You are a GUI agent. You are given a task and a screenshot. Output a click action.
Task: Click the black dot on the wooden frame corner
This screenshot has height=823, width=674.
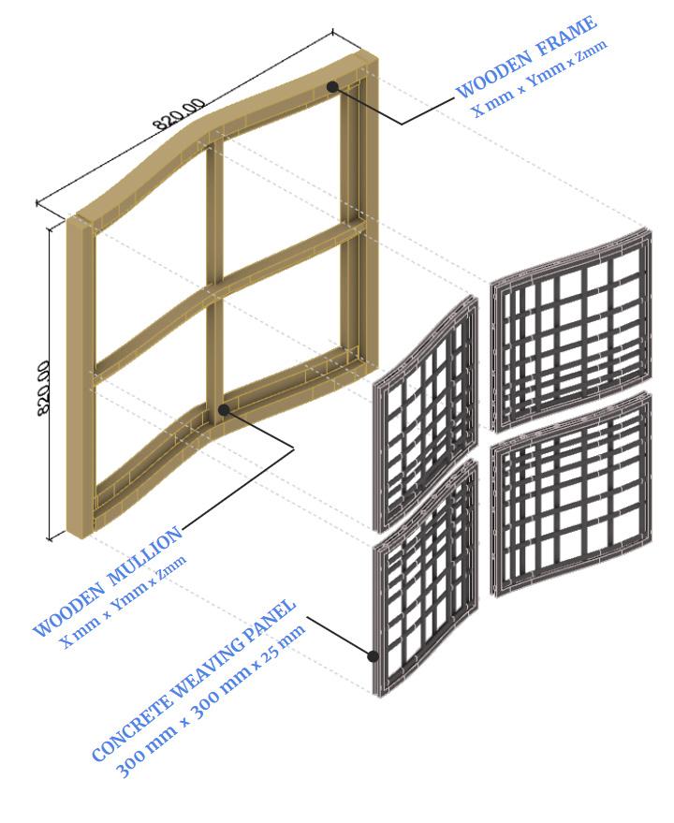[332, 86]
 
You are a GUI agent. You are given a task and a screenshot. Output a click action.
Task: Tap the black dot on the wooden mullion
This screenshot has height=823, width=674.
[224, 409]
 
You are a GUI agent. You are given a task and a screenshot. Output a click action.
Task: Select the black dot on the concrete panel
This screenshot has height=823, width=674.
[373, 656]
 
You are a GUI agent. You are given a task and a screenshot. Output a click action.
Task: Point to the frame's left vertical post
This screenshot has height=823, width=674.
[81, 375]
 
